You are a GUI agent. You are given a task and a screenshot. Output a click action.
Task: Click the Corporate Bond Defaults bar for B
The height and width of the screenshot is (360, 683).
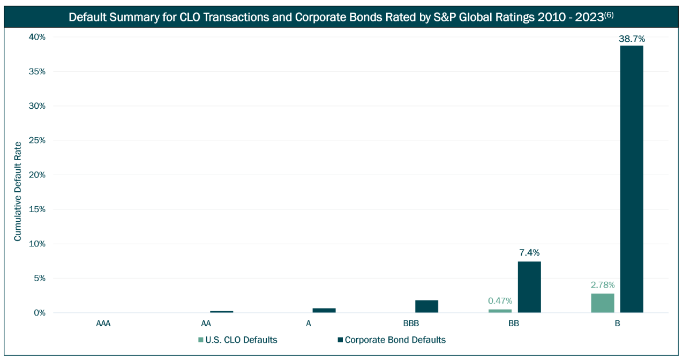tap(632, 179)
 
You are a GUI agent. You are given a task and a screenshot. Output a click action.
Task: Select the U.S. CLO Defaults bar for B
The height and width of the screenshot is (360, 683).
tap(603, 303)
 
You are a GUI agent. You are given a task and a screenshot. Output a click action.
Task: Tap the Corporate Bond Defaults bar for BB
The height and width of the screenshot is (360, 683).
tap(529, 287)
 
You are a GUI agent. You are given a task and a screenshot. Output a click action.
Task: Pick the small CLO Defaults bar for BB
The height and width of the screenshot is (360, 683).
tap(500, 311)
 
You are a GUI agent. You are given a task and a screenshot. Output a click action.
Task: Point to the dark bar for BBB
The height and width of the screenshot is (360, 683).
tap(426, 306)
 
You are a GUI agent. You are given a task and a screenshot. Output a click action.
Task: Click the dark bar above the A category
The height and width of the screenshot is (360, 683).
tap(324, 310)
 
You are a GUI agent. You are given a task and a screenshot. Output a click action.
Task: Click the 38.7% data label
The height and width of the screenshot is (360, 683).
tap(632, 39)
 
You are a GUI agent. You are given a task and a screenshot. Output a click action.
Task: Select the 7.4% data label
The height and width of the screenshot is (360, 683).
tap(529, 252)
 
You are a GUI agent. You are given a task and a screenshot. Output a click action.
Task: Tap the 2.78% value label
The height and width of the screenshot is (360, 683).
tap(603, 284)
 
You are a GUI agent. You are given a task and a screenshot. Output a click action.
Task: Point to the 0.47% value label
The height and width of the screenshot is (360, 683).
tap(500, 301)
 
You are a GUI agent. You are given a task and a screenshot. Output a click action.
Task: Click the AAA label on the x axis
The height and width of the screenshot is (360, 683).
tap(103, 324)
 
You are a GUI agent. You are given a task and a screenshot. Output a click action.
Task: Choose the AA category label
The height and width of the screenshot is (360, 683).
tap(206, 324)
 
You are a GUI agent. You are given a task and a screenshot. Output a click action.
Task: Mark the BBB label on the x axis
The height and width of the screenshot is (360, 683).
tap(411, 324)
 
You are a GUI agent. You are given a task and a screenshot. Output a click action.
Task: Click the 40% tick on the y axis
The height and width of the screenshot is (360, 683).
tap(37, 37)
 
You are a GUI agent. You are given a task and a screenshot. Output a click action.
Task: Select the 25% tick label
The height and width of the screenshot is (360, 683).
tap(37, 140)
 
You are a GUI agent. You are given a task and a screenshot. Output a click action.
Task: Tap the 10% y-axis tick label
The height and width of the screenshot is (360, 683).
tap(37, 244)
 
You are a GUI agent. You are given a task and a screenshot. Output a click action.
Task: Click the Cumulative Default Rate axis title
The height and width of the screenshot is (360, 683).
tap(18, 191)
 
